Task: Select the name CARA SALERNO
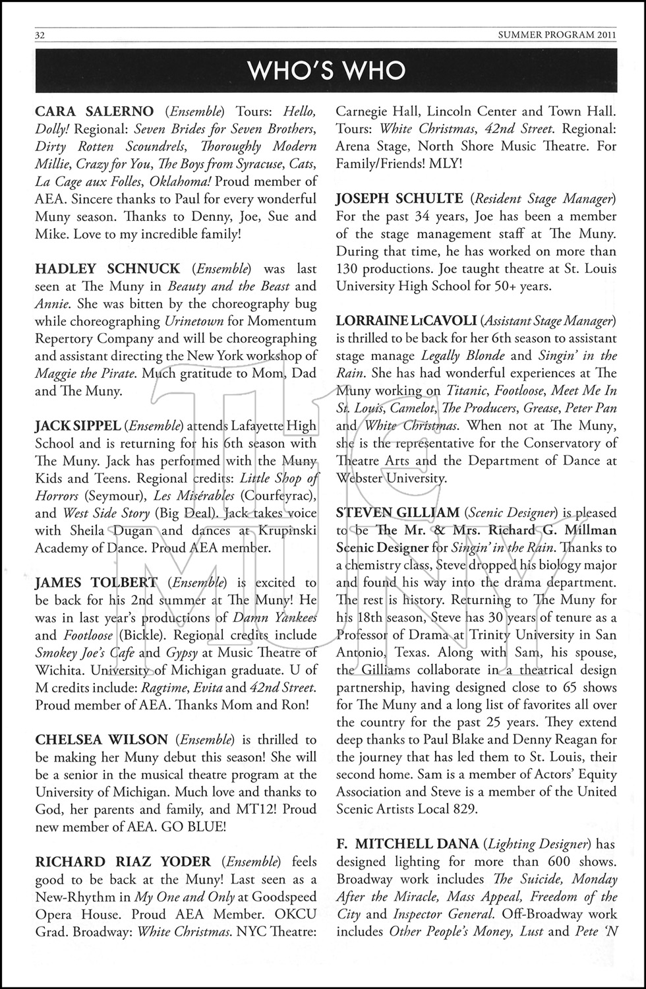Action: pyautogui.click(x=94, y=111)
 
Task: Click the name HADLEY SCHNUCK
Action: pyautogui.click(x=107, y=269)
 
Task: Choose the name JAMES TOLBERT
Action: pyautogui.click(x=96, y=583)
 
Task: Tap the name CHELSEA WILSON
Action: pyautogui.click(x=102, y=740)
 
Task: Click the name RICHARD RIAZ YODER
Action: pyautogui.click(x=123, y=862)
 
